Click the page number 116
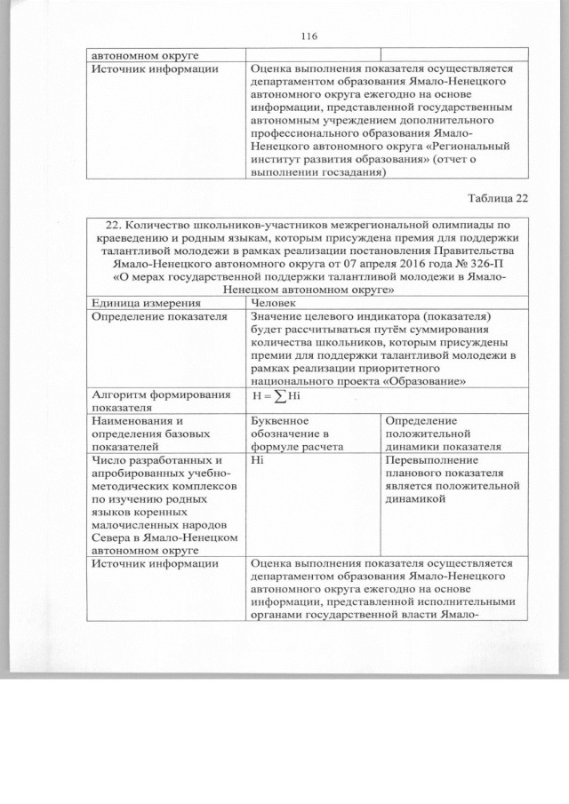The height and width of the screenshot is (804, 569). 309,36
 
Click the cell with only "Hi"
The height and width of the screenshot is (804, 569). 258,462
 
